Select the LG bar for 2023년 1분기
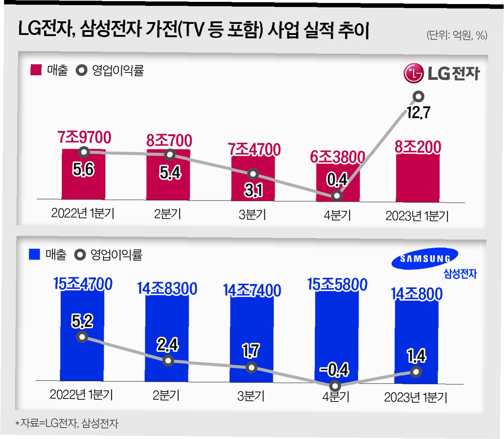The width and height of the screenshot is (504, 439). click(418, 178)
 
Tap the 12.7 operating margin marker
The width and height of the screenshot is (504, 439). click(418, 97)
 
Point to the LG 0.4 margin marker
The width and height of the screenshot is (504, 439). click(336, 195)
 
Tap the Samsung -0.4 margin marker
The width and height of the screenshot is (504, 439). click(335, 386)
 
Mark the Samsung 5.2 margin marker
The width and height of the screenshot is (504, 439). click(82, 337)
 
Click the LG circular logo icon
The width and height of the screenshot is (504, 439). click(413, 73)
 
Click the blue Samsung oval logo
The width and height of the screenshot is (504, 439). click(425, 258)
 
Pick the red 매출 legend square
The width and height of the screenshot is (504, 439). click(36, 70)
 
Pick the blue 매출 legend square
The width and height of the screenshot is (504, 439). click(34, 254)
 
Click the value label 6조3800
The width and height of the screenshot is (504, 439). click(337, 157)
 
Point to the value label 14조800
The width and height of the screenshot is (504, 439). click(417, 294)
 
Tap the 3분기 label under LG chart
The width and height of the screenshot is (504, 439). click(252, 214)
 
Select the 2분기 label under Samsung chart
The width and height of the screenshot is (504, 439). click(166, 395)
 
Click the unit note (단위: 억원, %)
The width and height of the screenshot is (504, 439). click(457, 35)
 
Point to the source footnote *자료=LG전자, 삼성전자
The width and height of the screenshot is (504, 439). click(67, 423)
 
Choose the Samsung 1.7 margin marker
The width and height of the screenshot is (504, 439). click(251, 367)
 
